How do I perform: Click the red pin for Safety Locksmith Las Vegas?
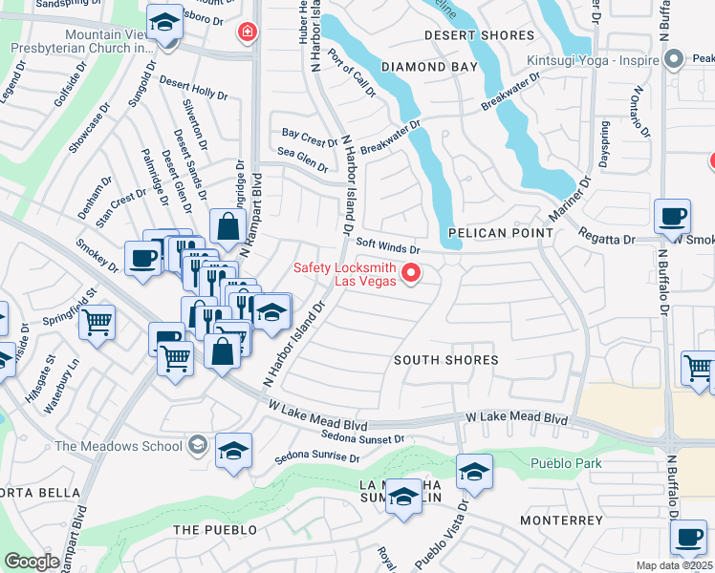412,273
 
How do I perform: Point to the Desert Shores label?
467,35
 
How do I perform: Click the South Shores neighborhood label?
446,360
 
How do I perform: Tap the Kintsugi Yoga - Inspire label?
593,60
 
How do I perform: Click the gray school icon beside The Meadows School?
196,444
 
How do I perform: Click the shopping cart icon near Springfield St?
97,325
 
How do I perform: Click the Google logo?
32,562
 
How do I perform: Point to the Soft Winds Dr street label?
388,245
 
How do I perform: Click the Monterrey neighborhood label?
561,520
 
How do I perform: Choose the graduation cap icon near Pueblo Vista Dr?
473,471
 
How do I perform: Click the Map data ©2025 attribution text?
674,565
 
